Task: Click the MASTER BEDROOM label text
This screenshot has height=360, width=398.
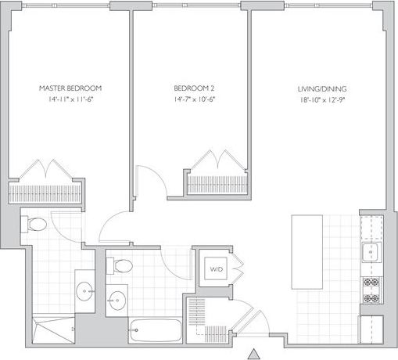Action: [x=70, y=88]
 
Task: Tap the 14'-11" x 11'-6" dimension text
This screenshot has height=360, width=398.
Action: [x=70, y=100]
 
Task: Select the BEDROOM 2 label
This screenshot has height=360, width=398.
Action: [x=189, y=88]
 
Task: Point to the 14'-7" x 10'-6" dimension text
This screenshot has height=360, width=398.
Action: [x=189, y=100]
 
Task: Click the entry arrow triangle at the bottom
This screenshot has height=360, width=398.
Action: [x=253, y=351]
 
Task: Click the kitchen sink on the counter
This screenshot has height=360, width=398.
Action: [x=371, y=252]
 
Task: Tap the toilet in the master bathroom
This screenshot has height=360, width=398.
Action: [x=35, y=225]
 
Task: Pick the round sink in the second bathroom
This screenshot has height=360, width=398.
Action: [x=118, y=300]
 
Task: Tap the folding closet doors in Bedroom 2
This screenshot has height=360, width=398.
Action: [x=217, y=163]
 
